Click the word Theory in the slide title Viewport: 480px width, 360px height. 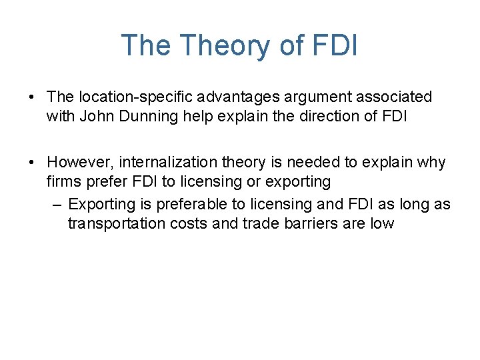point(219,45)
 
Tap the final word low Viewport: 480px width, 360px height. point(382,224)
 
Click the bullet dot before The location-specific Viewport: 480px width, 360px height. point(33,97)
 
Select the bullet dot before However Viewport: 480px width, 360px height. point(33,163)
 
